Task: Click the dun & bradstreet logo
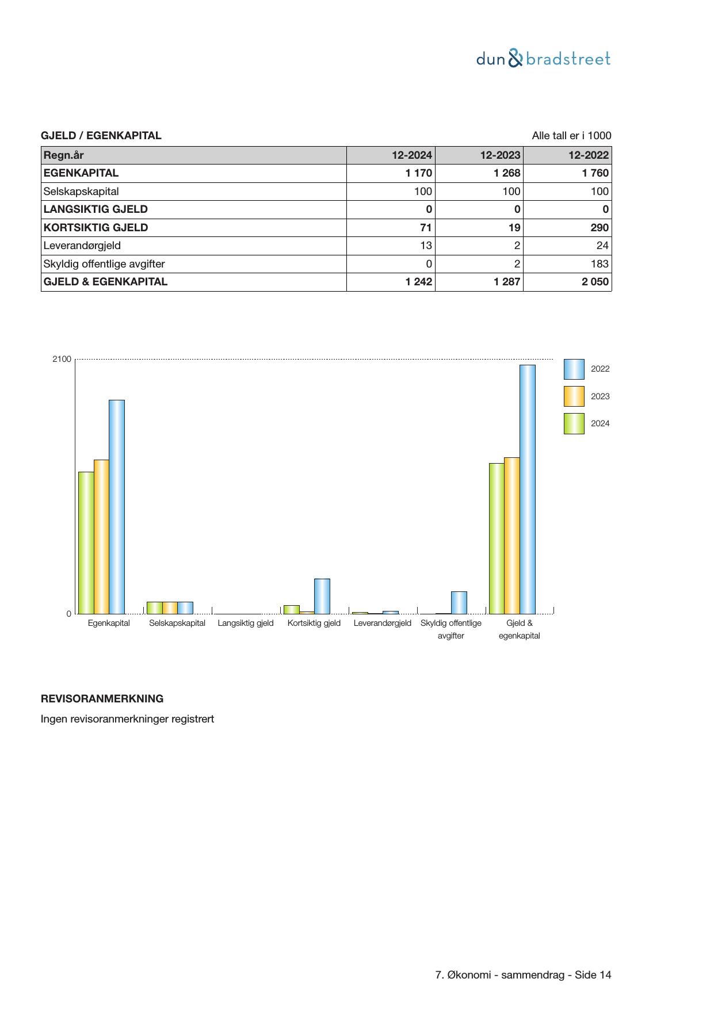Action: pos(543,59)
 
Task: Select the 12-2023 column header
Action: pos(500,155)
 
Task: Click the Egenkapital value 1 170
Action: pos(418,173)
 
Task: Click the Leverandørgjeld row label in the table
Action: pos(82,246)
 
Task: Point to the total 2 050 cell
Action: pos(594,282)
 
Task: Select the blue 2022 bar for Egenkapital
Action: pos(117,506)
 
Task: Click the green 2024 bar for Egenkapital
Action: pos(86,542)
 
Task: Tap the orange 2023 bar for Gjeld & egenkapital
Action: pos(512,535)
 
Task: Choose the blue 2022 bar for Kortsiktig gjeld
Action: pos(322,596)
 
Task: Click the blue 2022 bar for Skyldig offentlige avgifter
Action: pos(459,602)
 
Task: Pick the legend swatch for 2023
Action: pos(574,396)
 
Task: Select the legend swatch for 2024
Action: pos(574,423)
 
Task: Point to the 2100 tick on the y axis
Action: pos(62,359)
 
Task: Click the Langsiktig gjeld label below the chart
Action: pos(246,623)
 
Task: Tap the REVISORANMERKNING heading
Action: pos(102,699)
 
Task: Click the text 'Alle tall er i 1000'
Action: pos(571,136)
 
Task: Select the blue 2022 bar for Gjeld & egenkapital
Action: pos(528,489)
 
